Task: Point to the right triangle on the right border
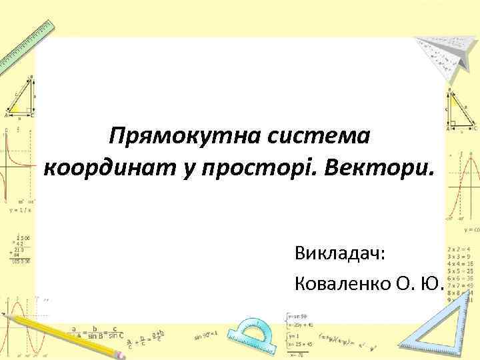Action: tap(460, 110)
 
